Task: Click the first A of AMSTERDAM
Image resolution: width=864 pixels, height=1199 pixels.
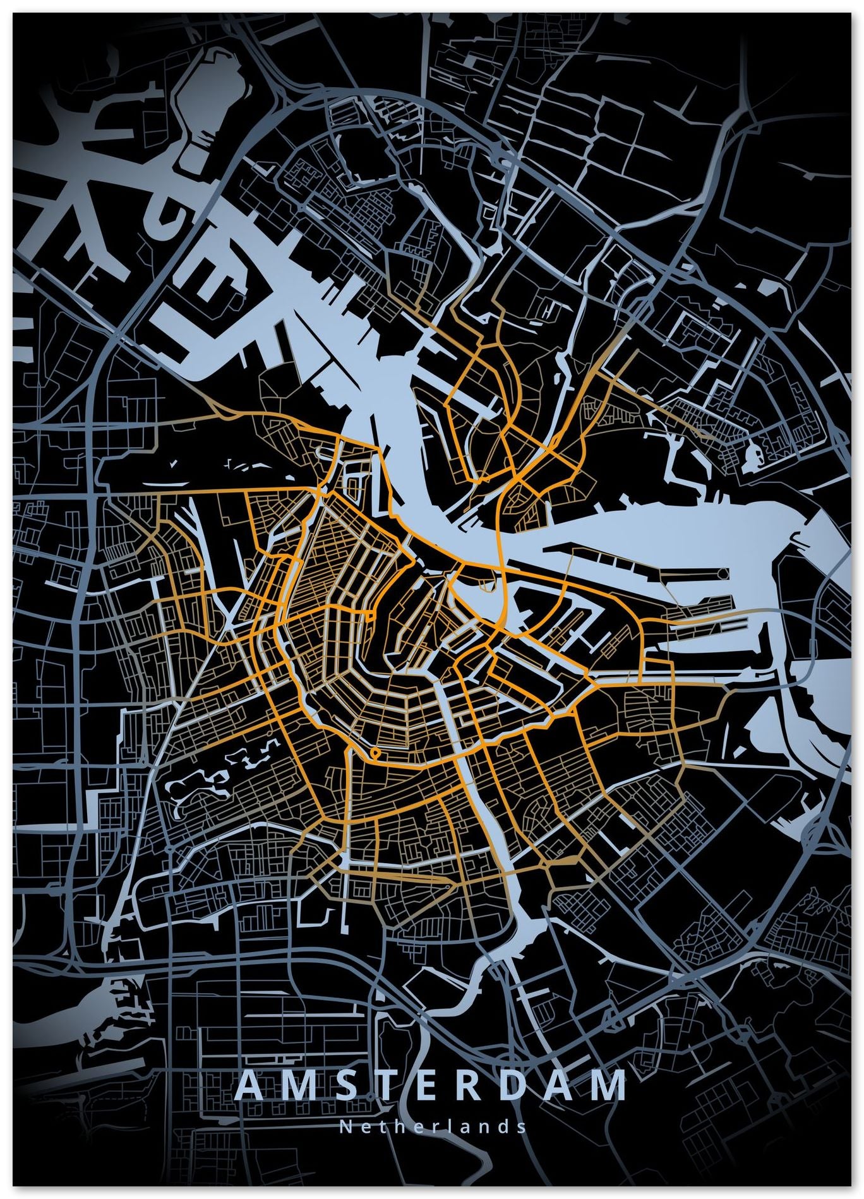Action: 251,1085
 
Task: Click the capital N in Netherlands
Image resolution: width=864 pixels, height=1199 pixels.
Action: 345,1126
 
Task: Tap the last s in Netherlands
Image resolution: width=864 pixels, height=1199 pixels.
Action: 521,1126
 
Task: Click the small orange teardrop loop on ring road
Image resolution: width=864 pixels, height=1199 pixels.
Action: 376,752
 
